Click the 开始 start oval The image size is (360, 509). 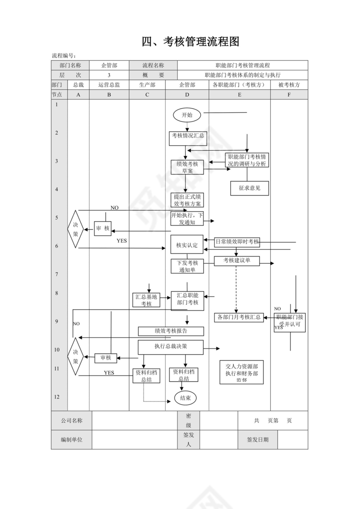187,115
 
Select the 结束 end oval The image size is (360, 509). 186,398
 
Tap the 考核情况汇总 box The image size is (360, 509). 187,138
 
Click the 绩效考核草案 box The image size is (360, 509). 187,167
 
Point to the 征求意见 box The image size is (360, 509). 249,189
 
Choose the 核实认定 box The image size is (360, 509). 187,245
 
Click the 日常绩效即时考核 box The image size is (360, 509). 237,242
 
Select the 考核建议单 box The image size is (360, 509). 237,261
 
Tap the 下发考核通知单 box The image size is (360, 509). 187,266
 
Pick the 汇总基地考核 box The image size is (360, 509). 146,300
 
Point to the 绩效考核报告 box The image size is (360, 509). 171,331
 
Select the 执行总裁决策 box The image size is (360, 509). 171,347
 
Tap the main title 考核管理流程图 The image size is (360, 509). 191,42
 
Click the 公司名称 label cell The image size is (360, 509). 72,421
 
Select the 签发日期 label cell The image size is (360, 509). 258,440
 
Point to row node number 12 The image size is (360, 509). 57,397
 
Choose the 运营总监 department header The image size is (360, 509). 109,85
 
